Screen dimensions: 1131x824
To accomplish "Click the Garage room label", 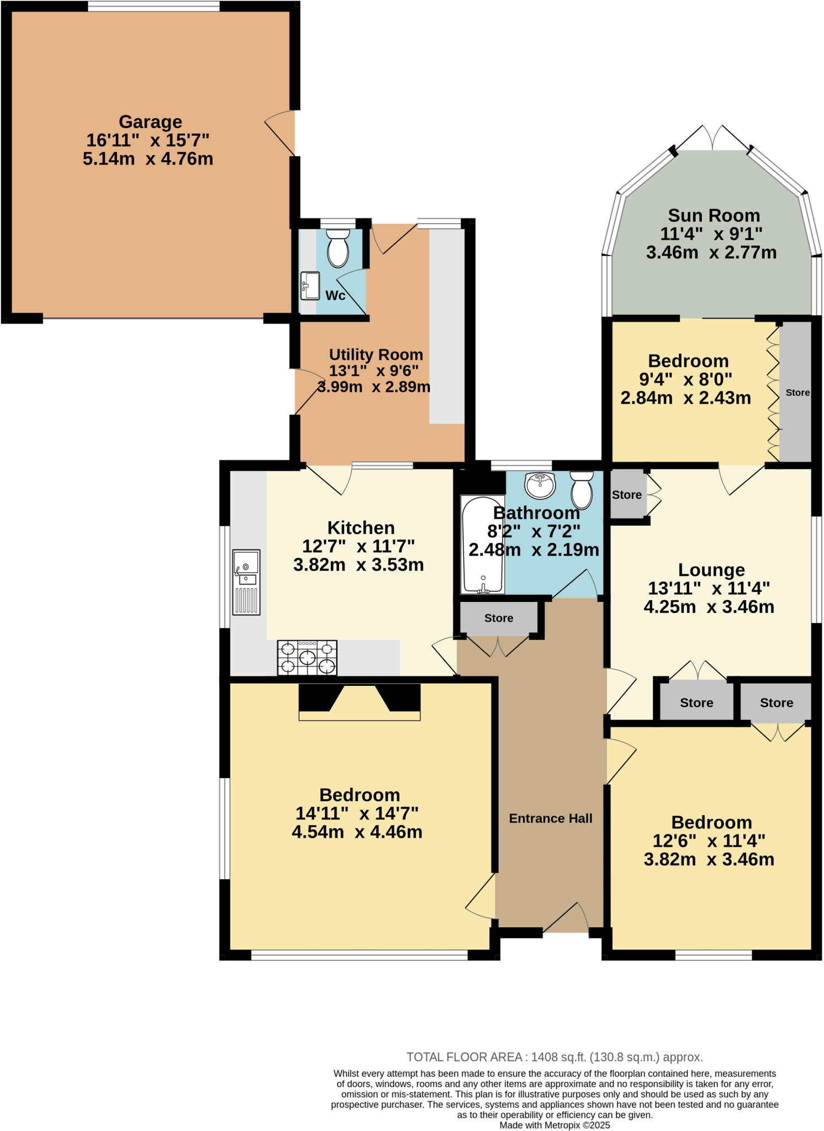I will pyautogui.click(x=150, y=121).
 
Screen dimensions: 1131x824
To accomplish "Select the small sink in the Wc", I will pyautogui.click(x=310, y=285).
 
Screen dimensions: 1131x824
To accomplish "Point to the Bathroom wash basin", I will pyautogui.click(x=540, y=484).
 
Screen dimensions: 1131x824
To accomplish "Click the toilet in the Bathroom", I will pyautogui.click(x=582, y=489).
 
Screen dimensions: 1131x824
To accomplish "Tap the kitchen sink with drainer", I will pyautogui.click(x=246, y=582).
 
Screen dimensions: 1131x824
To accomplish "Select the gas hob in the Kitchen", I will pyautogui.click(x=307, y=657).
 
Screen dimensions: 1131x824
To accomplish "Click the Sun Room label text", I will pyautogui.click(x=714, y=215).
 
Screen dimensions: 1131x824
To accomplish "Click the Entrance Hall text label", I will pyautogui.click(x=550, y=818).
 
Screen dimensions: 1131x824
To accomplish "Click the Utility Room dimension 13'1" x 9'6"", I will pyautogui.click(x=374, y=371).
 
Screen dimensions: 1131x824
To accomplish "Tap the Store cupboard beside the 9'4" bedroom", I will pyautogui.click(x=796, y=393).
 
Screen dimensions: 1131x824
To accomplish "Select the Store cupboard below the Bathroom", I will pyautogui.click(x=498, y=618).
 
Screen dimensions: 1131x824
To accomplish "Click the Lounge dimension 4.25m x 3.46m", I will pyautogui.click(x=709, y=607).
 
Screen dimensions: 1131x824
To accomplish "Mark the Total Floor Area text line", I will pyautogui.click(x=554, y=1057).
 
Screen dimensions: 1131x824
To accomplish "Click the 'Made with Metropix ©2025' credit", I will pyautogui.click(x=554, y=1125).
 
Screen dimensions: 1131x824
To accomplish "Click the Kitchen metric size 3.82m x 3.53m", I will pyautogui.click(x=358, y=565).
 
